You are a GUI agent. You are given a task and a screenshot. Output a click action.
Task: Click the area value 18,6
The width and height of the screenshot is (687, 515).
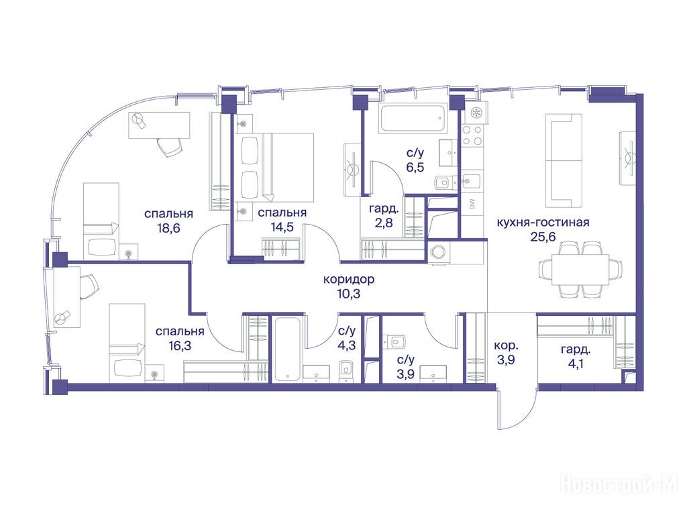click(168, 228)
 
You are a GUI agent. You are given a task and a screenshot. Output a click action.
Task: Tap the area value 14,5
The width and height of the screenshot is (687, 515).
click(282, 227)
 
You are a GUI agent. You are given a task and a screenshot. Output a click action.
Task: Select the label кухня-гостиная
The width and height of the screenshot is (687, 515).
click(543, 222)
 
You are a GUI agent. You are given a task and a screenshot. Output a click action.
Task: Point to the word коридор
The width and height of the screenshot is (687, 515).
click(349, 279)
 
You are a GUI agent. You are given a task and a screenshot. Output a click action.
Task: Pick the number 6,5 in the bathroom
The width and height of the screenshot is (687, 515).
click(415, 167)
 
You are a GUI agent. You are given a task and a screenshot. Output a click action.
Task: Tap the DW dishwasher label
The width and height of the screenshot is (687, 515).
click(472, 205)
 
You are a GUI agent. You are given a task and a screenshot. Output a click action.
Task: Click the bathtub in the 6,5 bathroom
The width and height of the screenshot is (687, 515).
click(413, 118)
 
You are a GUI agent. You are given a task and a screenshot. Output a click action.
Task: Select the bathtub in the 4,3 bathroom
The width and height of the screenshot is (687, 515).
click(287, 349)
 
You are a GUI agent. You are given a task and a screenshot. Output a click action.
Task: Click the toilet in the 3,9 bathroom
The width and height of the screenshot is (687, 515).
click(395, 341)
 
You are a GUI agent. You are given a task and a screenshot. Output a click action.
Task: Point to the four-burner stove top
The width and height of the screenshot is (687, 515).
click(472, 135)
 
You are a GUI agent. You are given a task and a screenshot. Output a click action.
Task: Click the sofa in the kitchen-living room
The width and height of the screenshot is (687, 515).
click(564, 160)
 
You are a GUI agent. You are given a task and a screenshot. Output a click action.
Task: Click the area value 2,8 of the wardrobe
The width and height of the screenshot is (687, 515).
click(383, 223)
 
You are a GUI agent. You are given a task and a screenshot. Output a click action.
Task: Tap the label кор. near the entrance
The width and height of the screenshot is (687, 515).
click(506, 346)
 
